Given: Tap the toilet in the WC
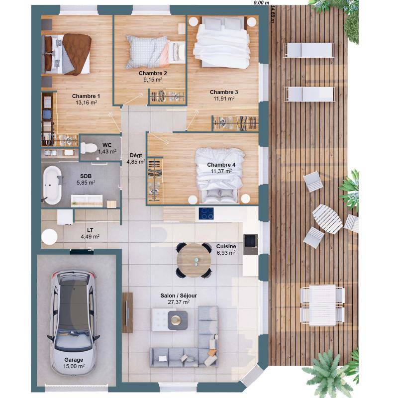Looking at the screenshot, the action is (x=89, y=148).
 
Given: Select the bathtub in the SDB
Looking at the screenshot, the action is (x=52, y=185).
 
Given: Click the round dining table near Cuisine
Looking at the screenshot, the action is (x=194, y=260).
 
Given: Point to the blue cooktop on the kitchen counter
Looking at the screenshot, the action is (x=206, y=213).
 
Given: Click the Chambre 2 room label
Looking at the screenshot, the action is (x=153, y=73).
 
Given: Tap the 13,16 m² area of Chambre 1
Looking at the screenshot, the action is (x=86, y=102).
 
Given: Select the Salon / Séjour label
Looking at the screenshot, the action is (x=179, y=296).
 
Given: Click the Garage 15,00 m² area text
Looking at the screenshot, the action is (x=74, y=366).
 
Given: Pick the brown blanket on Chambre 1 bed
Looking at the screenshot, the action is (x=76, y=54).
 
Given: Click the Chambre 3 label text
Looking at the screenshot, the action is (x=224, y=92).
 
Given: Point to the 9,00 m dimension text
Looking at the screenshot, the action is (x=262, y=3).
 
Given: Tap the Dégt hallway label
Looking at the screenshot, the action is (x=136, y=155).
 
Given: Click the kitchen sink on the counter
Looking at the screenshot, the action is (x=251, y=244).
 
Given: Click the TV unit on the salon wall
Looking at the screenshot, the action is (x=127, y=312).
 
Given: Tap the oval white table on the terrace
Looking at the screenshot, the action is (x=327, y=219).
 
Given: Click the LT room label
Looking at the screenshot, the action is (x=90, y=230).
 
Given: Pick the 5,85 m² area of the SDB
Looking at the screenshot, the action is (x=86, y=183).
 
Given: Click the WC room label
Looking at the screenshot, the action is (x=107, y=145).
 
